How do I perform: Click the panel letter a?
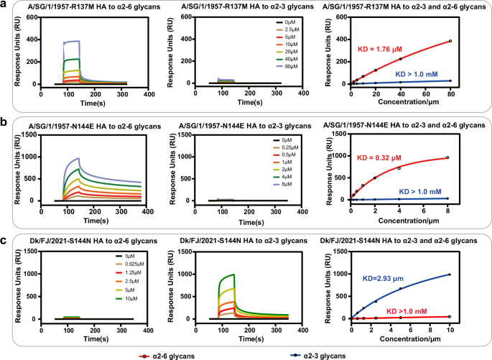(x=6, y=5)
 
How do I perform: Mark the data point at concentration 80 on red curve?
(x=450, y=41)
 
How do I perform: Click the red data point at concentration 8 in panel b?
(x=447, y=157)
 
